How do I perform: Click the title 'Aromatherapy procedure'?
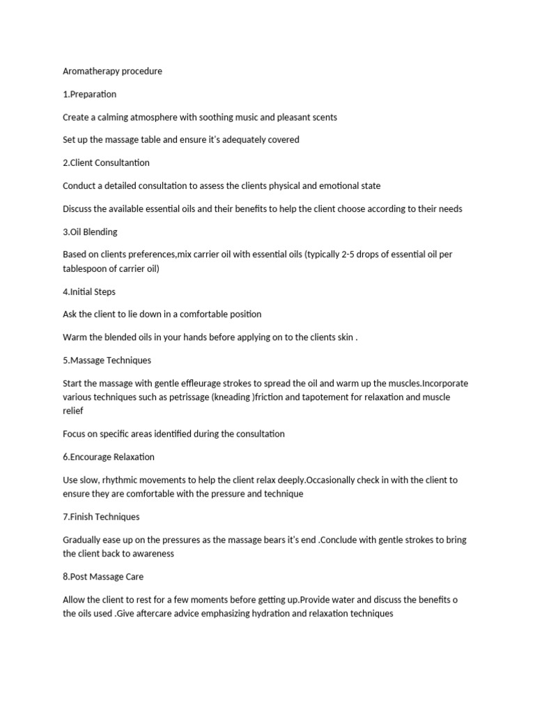click(x=112, y=71)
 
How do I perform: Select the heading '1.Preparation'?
click(x=89, y=94)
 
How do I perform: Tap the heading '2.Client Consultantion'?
click(x=106, y=162)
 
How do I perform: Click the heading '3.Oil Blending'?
click(x=90, y=231)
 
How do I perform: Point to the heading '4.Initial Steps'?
click(x=91, y=291)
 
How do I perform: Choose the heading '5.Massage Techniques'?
click(x=107, y=360)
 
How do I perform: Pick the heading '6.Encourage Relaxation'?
click(x=109, y=457)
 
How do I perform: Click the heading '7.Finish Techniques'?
click(x=101, y=517)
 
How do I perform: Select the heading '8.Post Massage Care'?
click(x=103, y=577)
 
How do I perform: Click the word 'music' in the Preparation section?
click(x=242, y=117)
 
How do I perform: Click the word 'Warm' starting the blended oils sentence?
click(x=75, y=337)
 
